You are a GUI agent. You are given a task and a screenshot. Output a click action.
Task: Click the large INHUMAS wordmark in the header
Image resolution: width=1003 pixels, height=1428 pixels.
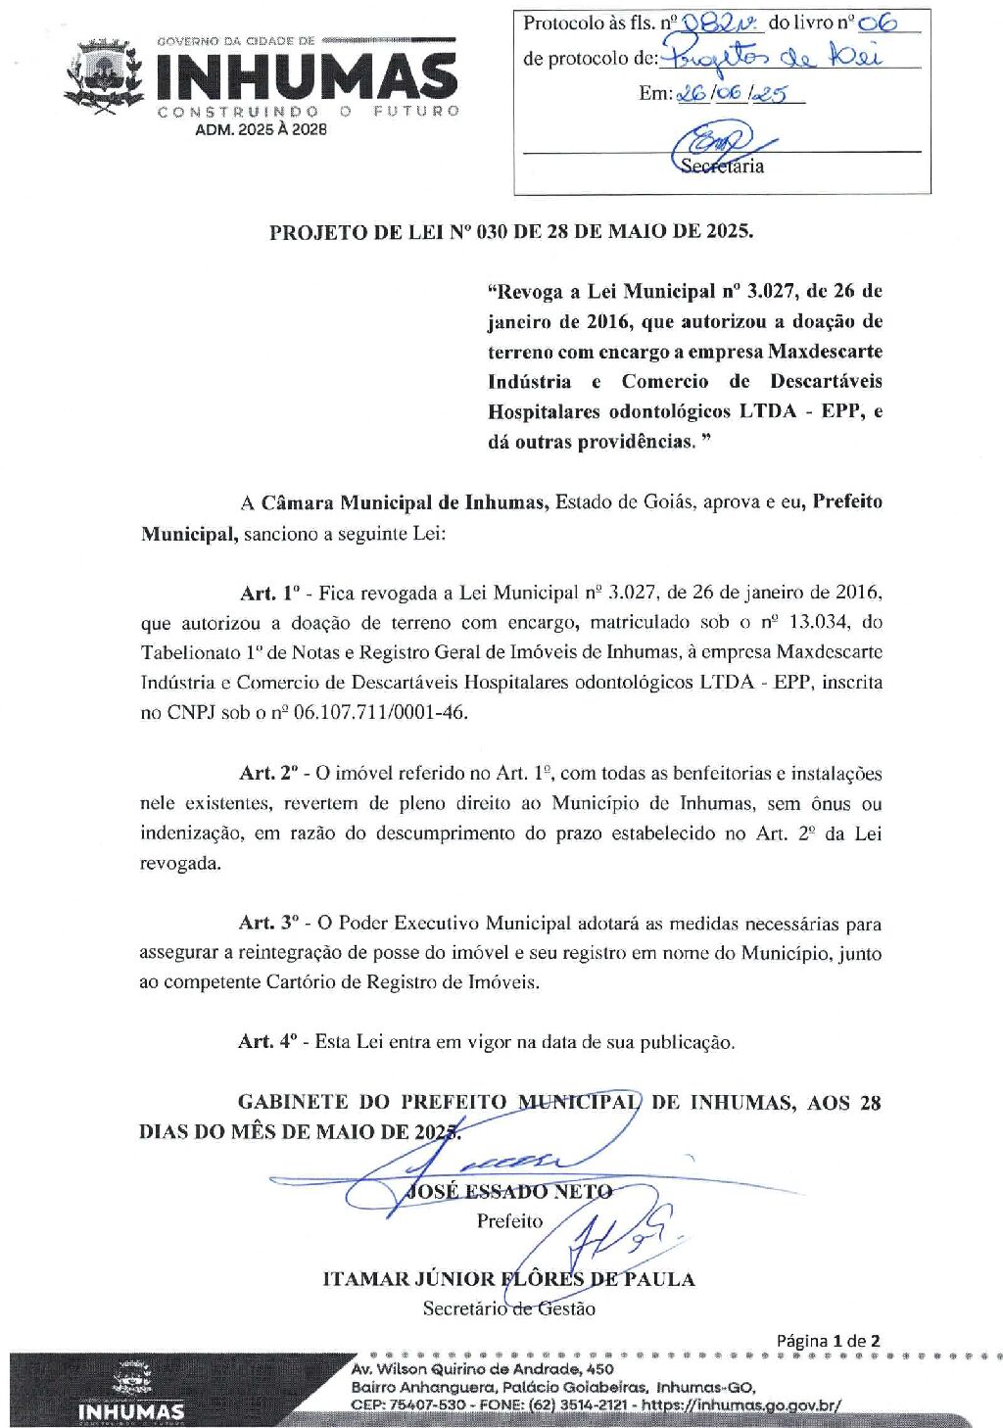pyautogui.click(x=307, y=76)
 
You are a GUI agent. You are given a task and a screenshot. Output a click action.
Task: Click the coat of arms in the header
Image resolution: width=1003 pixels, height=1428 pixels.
pyautogui.click(x=103, y=76)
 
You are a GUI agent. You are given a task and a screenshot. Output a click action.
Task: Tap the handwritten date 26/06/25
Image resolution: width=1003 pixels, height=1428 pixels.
pyautogui.click(x=740, y=94)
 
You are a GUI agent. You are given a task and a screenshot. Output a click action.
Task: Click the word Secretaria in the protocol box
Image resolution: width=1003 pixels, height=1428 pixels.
pyautogui.click(x=723, y=166)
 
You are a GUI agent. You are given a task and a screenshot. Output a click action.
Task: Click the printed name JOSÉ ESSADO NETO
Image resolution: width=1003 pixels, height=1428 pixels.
pyautogui.click(x=509, y=1191)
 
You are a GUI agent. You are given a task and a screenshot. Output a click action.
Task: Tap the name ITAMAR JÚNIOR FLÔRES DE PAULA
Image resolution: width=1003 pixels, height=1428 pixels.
pyautogui.click(x=508, y=1279)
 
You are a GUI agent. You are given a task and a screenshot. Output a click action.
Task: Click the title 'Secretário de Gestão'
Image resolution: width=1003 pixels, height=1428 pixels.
pyautogui.click(x=508, y=1309)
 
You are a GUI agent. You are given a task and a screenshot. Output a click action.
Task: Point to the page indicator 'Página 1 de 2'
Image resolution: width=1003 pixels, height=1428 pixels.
pyautogui.click(x=828, y=1341)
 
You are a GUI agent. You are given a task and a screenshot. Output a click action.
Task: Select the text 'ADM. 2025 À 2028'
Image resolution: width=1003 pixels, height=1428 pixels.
pyautogui.click(x=262, y=129)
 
